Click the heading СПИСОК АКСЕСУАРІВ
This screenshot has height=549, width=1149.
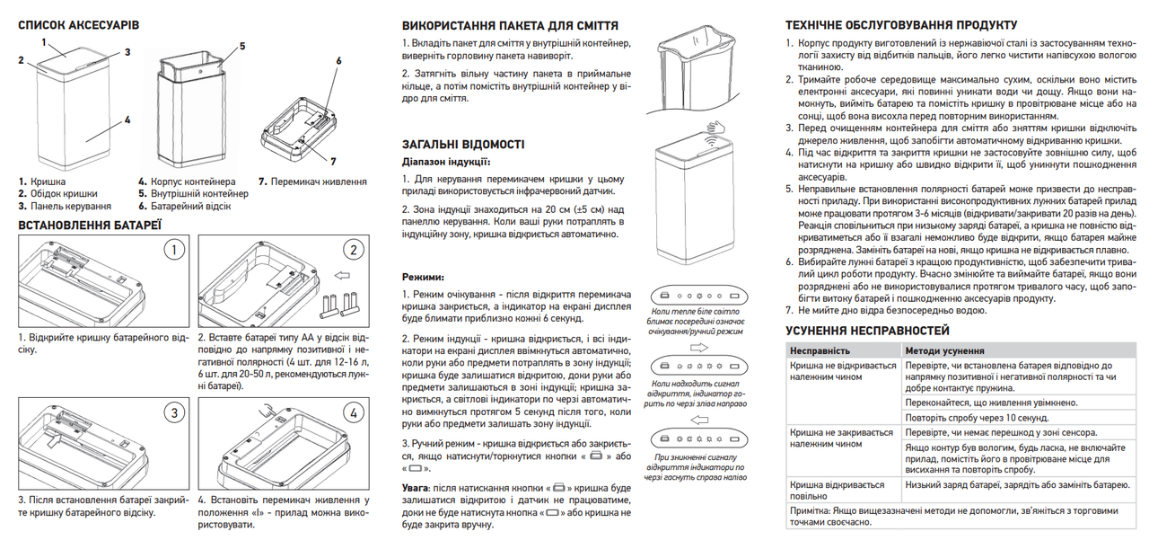coord(76,24)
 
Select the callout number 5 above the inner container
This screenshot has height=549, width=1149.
coord(242,45)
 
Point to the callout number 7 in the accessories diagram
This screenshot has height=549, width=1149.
coord(333,161)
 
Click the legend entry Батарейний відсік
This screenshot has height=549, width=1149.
coord(192,206)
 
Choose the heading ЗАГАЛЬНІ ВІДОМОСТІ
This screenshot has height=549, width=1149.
coord(463,145)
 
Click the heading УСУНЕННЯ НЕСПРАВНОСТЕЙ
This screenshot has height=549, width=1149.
coord(867,331)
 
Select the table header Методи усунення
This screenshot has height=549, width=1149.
coord(944,350)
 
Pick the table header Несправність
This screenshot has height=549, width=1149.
coord(819,350)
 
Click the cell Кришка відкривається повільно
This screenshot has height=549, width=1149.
coord(830,490)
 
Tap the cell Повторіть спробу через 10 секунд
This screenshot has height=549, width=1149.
coord(977,419)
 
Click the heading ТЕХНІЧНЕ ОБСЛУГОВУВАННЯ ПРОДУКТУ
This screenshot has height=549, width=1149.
coord(901,24)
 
